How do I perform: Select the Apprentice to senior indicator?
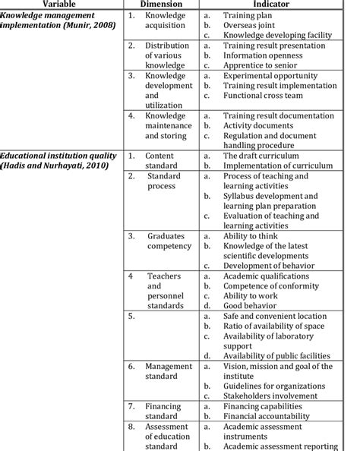coord(261,65)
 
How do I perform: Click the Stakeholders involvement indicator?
coord(269,396)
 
